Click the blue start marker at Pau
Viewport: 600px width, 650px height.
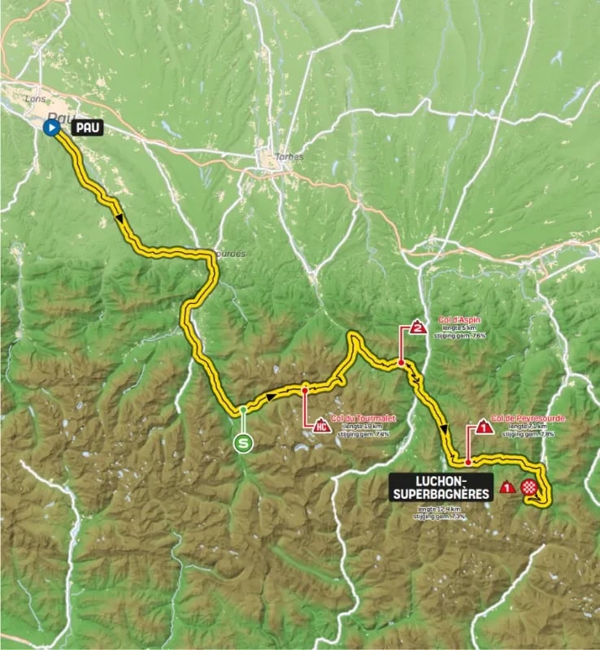(51, 128)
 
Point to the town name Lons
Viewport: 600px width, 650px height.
(36, 98)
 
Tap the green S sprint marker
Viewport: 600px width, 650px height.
(242, 443)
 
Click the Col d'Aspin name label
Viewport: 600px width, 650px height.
(459, 320)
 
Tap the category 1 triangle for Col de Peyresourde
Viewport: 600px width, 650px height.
(484, 425)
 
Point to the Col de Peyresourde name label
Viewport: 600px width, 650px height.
(527, 418)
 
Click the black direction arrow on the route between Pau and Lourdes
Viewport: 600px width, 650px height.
(120, 217)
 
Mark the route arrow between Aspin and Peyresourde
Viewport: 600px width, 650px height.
(443, 429)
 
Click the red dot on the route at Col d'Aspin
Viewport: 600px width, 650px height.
(401, 363)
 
